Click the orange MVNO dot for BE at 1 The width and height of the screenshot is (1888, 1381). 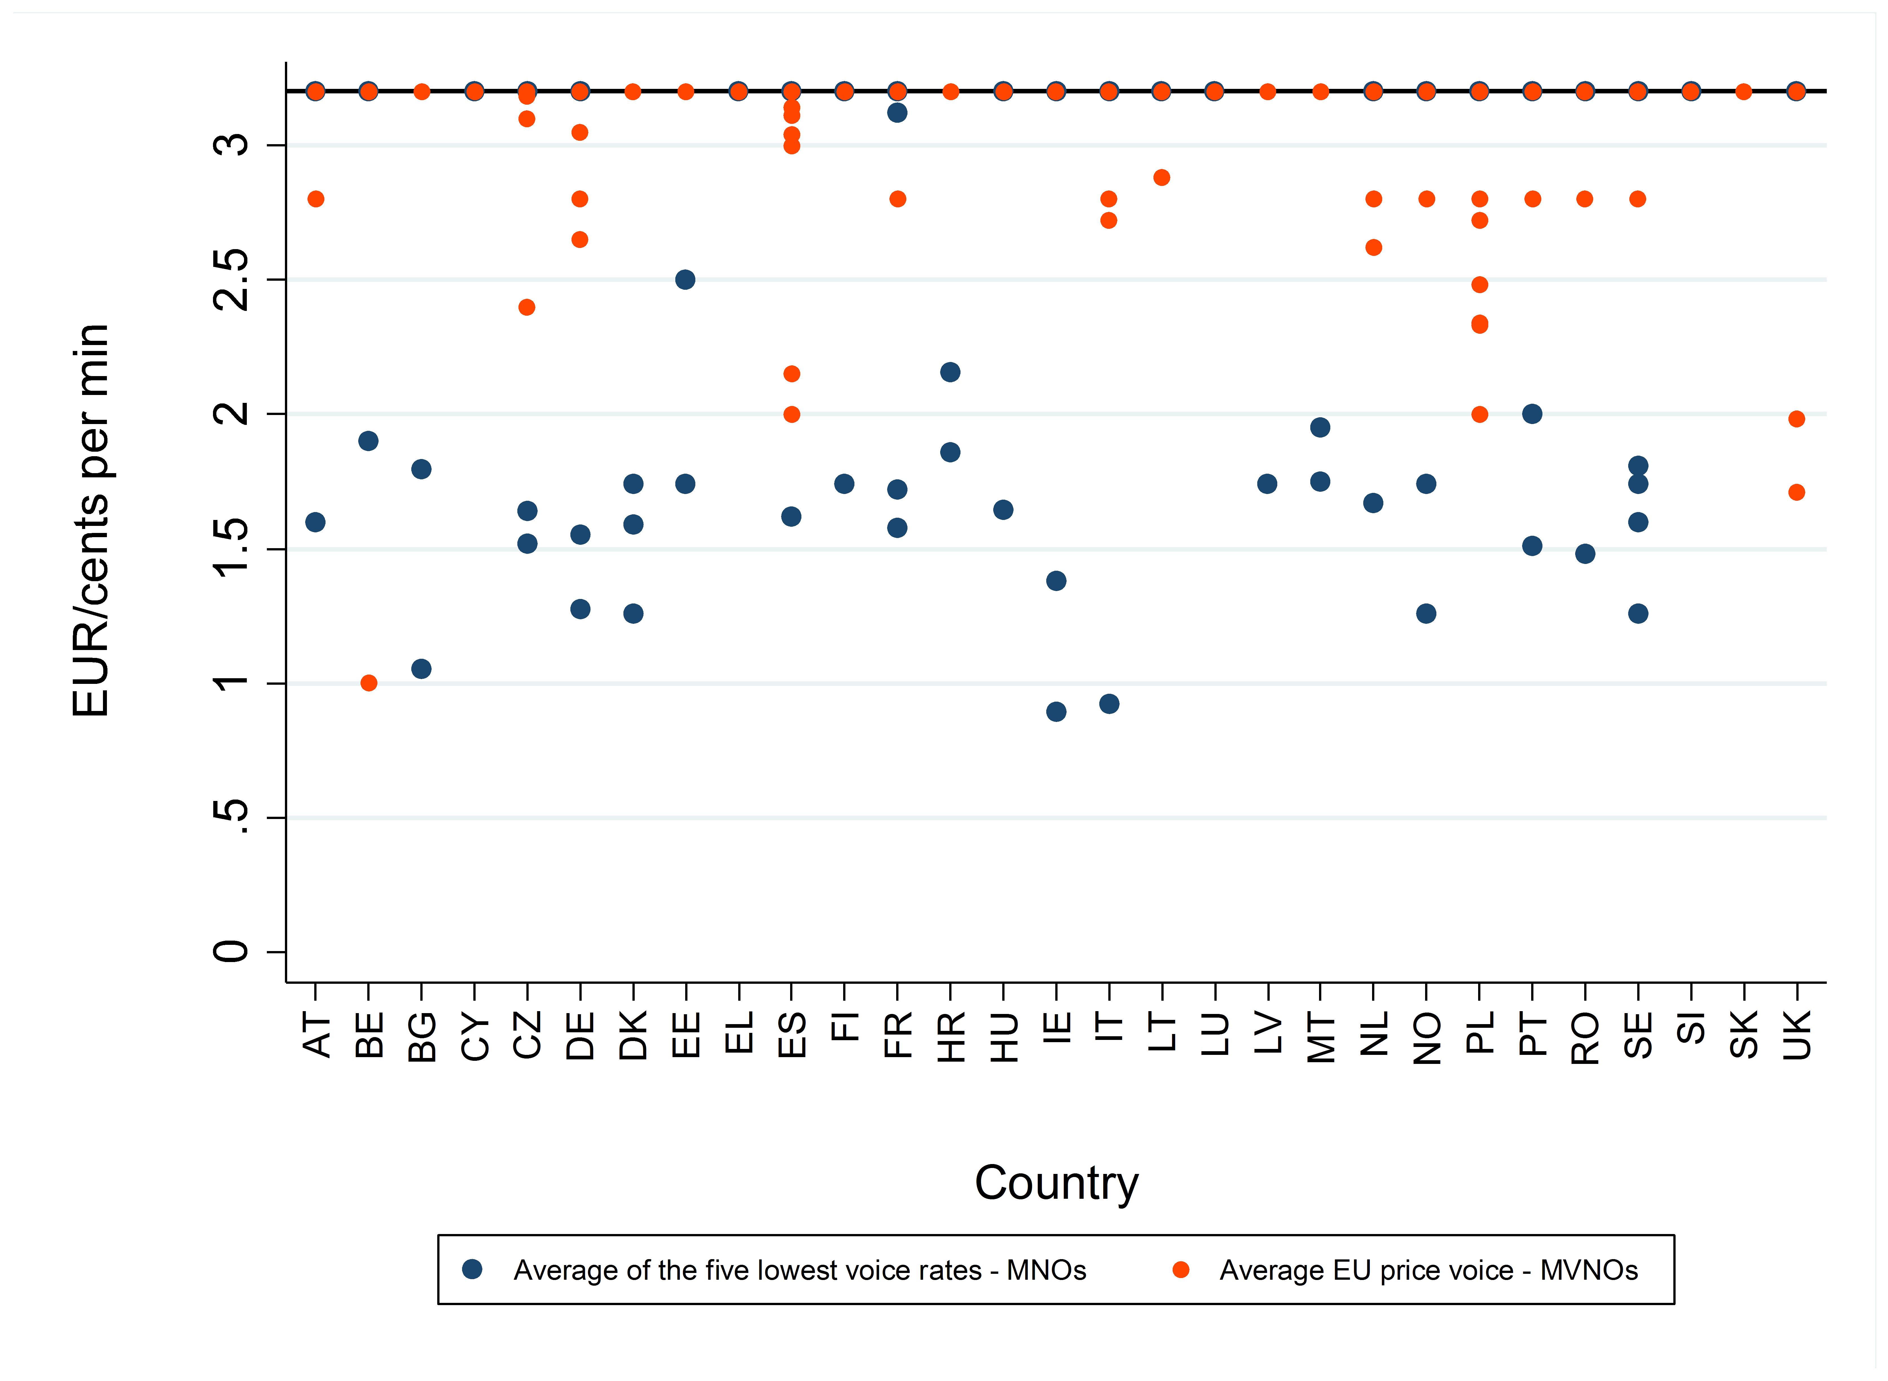click(x=369, y=683)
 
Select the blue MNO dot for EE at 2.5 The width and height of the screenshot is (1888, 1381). click(x=685, y=279)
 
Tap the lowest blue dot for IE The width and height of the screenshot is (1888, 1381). click(x=1056, y=712)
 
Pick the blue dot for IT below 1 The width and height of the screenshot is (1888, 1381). click(x=1109, y=704)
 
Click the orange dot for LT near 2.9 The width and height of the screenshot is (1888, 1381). click(x=1162, y=177)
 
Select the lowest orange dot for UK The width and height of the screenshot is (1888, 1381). click(x=1796, y=492)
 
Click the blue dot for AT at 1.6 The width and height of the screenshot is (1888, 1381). click(x=315, y=522)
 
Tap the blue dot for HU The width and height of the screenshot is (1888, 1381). click(x=1003, y=510)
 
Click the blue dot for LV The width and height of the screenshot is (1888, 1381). click(x=1267, y=484)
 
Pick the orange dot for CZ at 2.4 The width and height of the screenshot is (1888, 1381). click(x=527, y=308)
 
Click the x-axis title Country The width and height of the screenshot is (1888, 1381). click(x=1056, y=1183)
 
